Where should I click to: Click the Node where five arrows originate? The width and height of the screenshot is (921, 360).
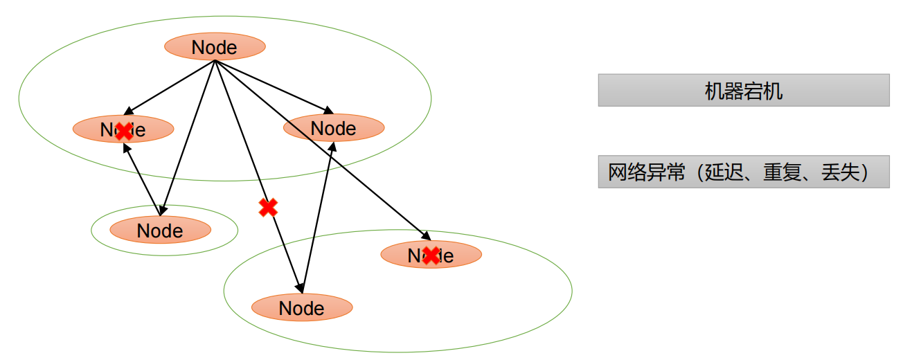pos(215,47)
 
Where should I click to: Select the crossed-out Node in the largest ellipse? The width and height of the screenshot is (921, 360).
pos(123,129)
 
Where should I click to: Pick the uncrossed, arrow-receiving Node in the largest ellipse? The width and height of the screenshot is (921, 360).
pos(333,128)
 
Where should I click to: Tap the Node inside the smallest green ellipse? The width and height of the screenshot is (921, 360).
pos(160,231)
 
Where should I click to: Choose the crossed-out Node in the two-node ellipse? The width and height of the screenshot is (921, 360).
pos(431,255)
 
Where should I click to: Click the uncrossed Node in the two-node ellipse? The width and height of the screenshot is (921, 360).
pos(302,308)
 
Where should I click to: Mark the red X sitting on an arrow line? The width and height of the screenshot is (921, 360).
pos(268,207)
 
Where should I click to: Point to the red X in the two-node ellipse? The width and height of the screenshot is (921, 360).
pos(431,255)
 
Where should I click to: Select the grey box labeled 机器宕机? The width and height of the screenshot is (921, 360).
pos(743,91)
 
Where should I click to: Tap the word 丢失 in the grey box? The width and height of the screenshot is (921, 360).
pos(840,172)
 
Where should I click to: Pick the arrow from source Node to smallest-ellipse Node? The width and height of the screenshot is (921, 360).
pos(188,135)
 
